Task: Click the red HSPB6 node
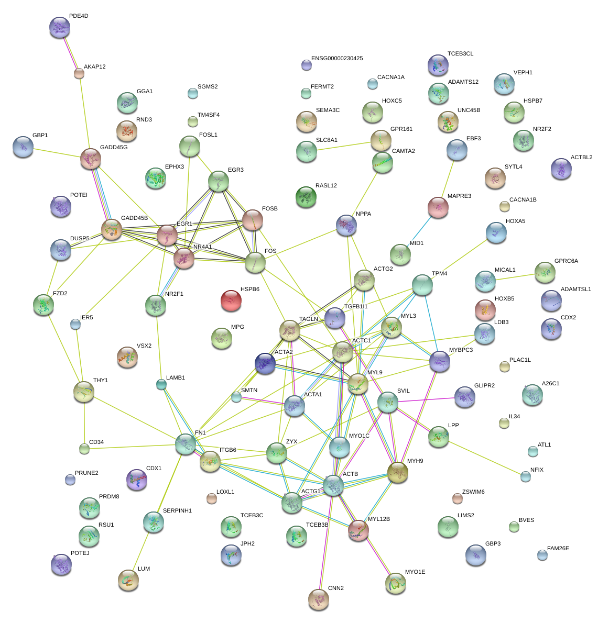click(231, 301)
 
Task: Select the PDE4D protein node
click(59, 27)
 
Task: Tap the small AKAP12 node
click(79, 73)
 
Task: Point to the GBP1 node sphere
click(23, 147)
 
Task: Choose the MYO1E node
click(395, 583)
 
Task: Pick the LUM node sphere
click(128, 580)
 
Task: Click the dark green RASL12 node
click(306, 197)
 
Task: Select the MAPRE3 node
click(438, 207)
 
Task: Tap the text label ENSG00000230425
click(337, 59)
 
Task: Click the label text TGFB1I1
click(355, 306)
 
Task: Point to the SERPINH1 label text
click(177, 510)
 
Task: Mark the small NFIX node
click(525, 476)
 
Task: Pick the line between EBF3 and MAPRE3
click(448, 178)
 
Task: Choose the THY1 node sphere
click(84, 392)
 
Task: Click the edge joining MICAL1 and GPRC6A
click(515, 276)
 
